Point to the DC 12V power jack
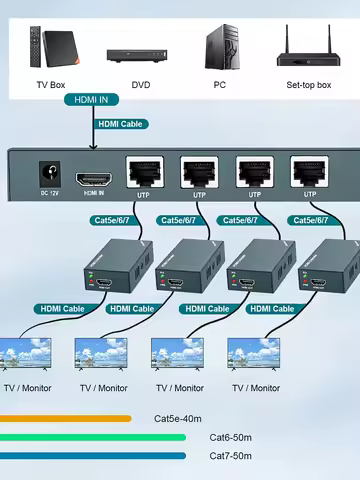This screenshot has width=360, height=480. pyautogui.click(x=44, y=174)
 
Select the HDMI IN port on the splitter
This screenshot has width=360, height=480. pyautogui.click(x=94, y=176)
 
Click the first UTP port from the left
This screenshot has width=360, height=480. pyautogui.click(x=143, y=172)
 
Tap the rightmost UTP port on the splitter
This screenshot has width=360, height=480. pyautogui.click(x=309, y=172)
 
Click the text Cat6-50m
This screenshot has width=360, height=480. pyautogui.click(x=231, y=437)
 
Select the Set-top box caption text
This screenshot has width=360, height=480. pyautogui.click(x=309, y=85)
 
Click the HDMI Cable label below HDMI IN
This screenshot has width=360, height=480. pyautogui.click(x=123, y=125)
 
